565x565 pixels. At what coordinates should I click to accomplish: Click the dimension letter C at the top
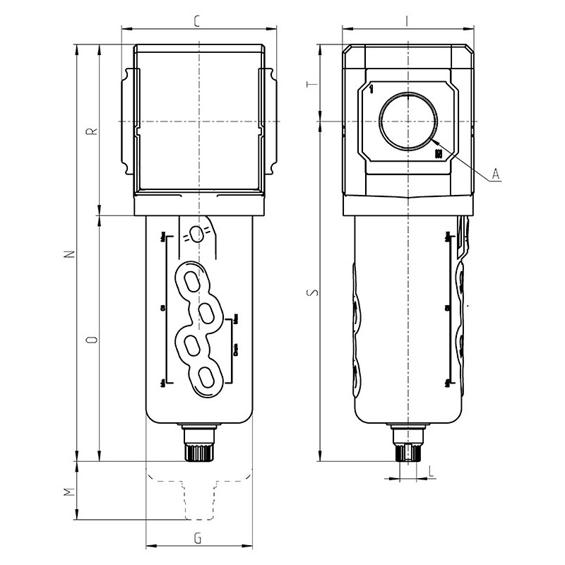tap(198, 20)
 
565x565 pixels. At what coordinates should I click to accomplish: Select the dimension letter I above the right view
tap(408, 20)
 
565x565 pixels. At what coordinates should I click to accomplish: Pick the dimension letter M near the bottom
tap(67, 492)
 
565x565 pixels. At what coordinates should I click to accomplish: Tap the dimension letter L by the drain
tap(430, 469)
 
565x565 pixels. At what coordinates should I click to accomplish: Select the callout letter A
tap(496, 173)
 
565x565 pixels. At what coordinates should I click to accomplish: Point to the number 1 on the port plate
tap(371, 90)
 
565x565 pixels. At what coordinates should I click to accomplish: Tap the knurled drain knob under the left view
tap(198, 450)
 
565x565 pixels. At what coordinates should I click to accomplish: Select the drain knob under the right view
tap(408, 450)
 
